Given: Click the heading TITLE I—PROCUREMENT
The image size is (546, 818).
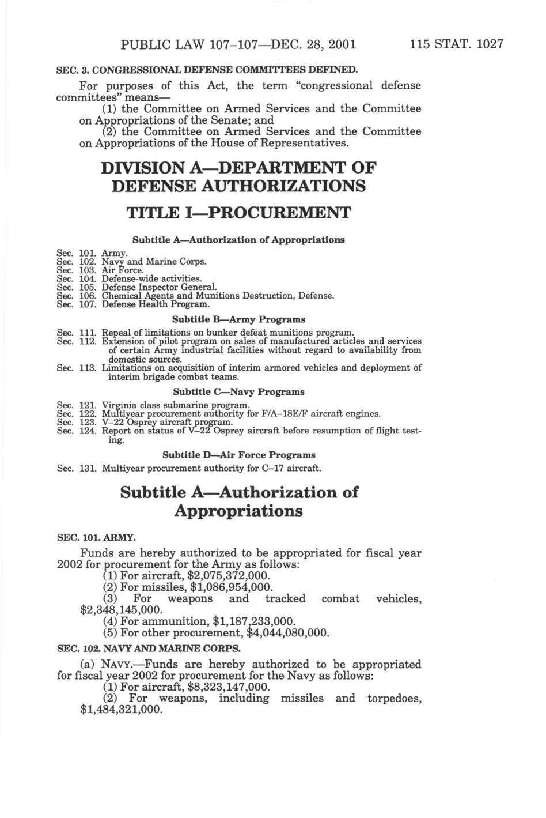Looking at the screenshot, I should pos(238,213).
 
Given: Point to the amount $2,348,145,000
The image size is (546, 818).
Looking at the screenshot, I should pos(121,610).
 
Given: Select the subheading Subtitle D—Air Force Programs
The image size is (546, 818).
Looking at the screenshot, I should pos(238,455).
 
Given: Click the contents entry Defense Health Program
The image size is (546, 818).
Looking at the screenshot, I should pos(156,303).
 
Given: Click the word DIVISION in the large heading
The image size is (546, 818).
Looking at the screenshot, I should pos(150,168).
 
